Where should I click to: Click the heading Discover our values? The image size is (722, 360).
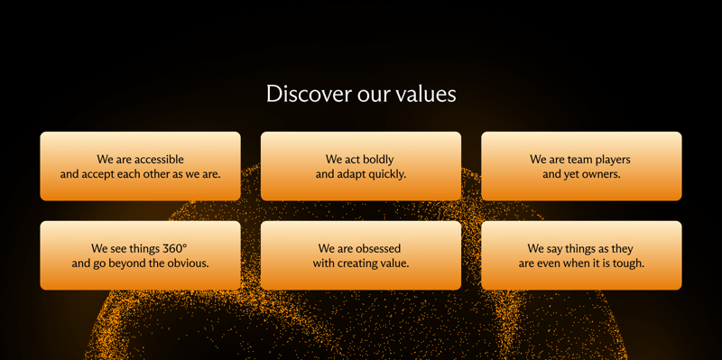[x=361, y=94]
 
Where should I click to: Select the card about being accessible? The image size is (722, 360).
[x=140, y=166]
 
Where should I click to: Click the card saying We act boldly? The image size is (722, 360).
[x=361, y=166]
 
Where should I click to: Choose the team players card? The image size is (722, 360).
[x=581, y=166]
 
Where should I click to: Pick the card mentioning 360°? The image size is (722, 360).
[x=140, y=255]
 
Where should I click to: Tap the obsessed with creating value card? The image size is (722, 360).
[x=361, y=255]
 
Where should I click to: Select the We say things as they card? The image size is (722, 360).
[x=581, y=255]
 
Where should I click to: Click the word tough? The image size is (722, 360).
[x=625, y=263]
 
